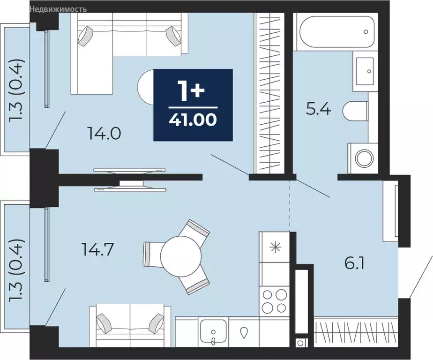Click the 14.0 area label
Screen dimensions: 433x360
[104, 134]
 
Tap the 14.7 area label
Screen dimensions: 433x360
[97, 250]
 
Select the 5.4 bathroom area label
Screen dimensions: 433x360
[318, 110]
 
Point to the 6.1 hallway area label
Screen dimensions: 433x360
[355, 263]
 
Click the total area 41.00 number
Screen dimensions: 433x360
[193, 120]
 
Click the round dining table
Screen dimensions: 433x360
[181, 256]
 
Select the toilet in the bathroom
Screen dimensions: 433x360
[355, 111]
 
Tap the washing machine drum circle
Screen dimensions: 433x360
[365, 158]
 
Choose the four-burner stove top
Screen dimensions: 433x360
[275, 301]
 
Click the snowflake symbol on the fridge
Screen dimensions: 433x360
[276, 247]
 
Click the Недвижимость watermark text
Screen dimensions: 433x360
[58, 9]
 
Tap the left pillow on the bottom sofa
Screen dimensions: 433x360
[103, 322]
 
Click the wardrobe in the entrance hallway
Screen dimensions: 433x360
[356, 333]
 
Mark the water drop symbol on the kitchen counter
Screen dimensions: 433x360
[244, 333]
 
